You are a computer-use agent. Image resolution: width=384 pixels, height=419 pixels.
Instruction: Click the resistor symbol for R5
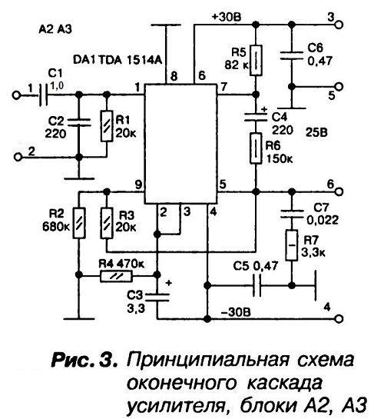click(x=256, y=61)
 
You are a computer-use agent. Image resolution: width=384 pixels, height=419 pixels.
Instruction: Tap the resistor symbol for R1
click(x=107, y=126)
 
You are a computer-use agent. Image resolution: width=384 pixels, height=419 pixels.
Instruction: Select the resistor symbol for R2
click(x=79, y=223)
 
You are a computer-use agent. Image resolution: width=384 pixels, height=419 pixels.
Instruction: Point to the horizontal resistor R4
click(x=116, y=276)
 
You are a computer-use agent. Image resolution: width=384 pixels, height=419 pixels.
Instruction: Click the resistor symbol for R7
click(x=292, y=245)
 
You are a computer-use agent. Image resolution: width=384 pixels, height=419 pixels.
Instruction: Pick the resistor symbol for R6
click(x=256, y=148)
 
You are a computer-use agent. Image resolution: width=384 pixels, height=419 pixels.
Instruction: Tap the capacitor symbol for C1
click(x=44, y=95)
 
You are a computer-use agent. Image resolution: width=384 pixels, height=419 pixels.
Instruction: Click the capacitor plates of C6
click(x=292, y=55)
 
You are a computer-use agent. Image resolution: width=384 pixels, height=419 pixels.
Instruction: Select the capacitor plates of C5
click(x=257, y=286)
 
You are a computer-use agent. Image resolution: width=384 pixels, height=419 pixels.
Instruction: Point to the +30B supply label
click(x=227, y=17)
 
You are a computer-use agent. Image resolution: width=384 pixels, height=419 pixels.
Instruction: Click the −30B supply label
click(x=236, y=312)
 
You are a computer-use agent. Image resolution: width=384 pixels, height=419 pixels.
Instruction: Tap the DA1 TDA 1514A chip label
click(x=118, y=60)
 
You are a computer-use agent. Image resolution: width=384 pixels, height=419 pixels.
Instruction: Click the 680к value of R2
click(x=56, y=227)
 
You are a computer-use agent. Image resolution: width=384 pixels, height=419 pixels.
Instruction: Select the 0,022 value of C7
click(x=323, y=220)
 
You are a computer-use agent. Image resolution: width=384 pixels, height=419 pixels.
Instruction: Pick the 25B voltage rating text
click(x=316, y=132)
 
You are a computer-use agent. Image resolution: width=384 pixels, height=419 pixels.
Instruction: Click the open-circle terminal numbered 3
click(x=339, y=25)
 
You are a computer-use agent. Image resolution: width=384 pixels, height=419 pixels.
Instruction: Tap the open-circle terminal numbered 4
click(x=339, y=319)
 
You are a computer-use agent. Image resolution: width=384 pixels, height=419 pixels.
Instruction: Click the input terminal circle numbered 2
click(x=18, y=157)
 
